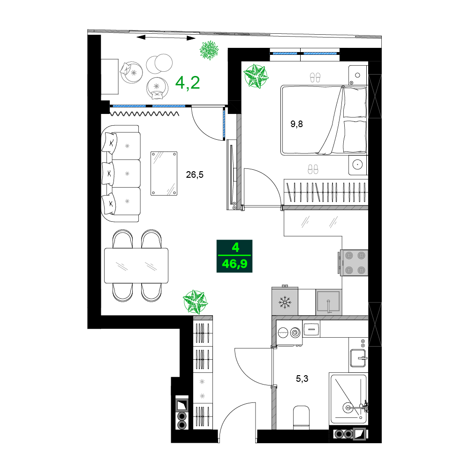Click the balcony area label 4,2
pyautogui.click(x=188, y=83)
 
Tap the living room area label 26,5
pyautogui.click(x=195, y=174)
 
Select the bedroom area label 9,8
pyautogui.click(x=296, y=124)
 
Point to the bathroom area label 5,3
pyautogui.click(x=302, y=378)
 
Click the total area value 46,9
pyautogui.click(x=234, y=264)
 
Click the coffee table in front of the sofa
pyautogui.click(x=164, y=174)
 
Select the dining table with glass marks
pyautogui.click(x=136, y=265)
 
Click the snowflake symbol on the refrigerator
pyautogui.click(x=285, y=302)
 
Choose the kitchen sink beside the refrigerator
pyautogui.click(x=329, y=302)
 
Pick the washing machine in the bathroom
pyautogui.click(x=289, y=333)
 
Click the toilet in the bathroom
pyautogui.click(x=301, y=417)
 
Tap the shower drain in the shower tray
pyautogui.click(x=348, y=408)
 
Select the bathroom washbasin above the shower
pyautogui.click(x=358, y=357)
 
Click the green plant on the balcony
pyautogui.click(x=209, y=50)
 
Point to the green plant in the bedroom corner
pyautogui.click(x=256, y=76)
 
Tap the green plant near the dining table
pyautogui.click(x=195, y=302)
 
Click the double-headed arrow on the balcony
pyautogui.click(x=166, y=38)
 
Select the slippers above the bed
pyautogui.click(x=315, y=77)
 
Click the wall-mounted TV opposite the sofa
pyautogui.click(x=231, y=174)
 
